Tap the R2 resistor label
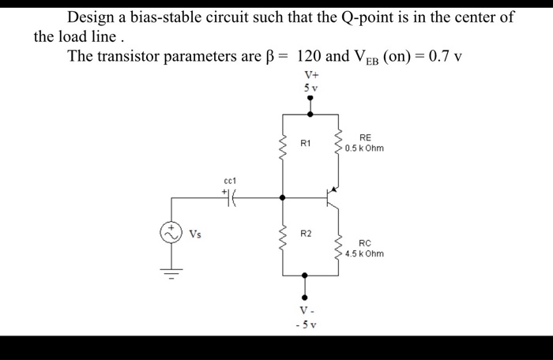click(x=307, y=234)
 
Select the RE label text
click(x=364, y=137)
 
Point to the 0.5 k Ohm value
click(x=364, y=148)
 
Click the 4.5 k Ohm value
click(x=364, y=254)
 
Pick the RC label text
click(x=364, y=244)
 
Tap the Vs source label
click(x=195, y=234)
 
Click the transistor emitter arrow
click(x=334, y=189)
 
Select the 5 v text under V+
click(x=310, y=88)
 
